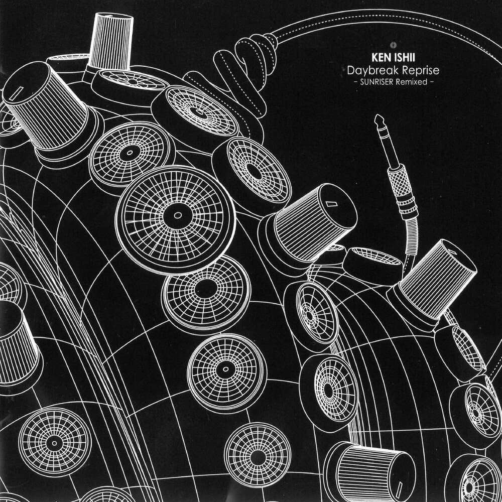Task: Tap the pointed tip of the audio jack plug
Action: click(376, 117)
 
